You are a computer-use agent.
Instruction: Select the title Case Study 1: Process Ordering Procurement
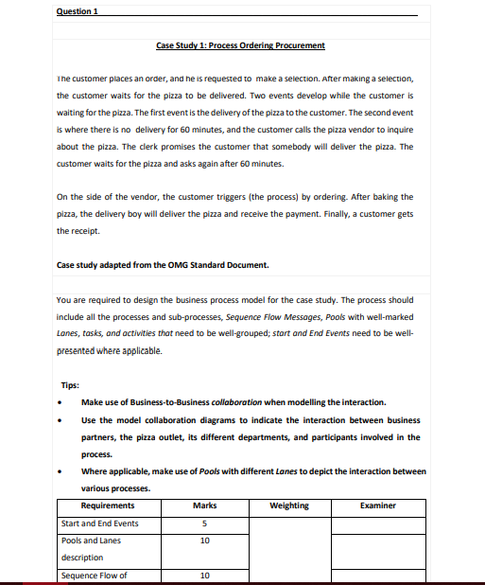click(240, 45)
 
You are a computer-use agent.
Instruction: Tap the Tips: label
click(69, 385)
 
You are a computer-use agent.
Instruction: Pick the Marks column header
click(205, 505)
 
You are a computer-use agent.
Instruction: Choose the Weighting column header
click(288, 505)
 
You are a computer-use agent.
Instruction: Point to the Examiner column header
click(377, 505)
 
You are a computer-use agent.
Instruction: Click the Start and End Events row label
click(99, 523)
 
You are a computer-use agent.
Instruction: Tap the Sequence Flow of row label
click(94, 575)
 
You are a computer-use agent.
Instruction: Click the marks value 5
click(205, 523)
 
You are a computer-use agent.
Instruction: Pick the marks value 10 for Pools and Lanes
click(205, 541)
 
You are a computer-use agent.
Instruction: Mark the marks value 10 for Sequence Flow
click(205, 575)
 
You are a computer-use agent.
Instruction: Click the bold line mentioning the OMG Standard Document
click(163, 264)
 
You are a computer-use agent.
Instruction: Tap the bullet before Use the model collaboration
click(61, 419)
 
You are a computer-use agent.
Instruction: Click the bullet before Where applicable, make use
click(61, 471)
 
